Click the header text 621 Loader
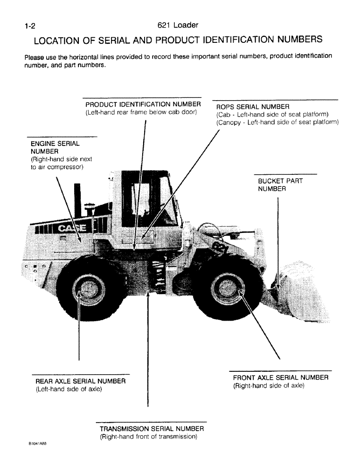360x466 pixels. (x=178, y=26)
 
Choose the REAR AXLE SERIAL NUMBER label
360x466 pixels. (x=81, y=381)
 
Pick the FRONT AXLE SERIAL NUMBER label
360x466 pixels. (x=281, y=377)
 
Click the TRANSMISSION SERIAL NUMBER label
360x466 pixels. (x=152, y=428)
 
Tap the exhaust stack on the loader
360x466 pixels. (x=77, y=199)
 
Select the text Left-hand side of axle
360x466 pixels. (x=69, y=389)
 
